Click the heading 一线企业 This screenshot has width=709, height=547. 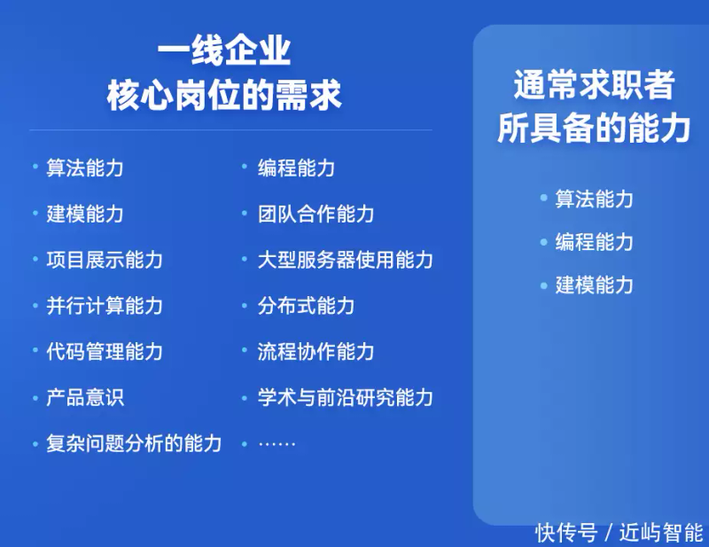point(223,51)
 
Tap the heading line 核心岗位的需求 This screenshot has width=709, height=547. point(223,95)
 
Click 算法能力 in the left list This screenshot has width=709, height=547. point(85,168)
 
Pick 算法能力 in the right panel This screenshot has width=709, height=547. point(594,199)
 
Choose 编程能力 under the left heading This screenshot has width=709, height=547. point(296,168)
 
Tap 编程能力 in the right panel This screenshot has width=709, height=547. point(594,242)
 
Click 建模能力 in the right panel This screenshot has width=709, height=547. point(594,285)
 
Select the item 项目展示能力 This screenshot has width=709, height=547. point(105,260)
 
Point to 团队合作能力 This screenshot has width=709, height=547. point(316,214)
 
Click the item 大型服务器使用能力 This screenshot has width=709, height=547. point(345,260)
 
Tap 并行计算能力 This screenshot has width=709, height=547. point(105,306)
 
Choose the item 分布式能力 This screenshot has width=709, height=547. point(306,306)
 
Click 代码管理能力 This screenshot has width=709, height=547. point(105,352)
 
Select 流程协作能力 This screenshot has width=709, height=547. point(316,352)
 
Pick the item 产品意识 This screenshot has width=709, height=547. point(85,397)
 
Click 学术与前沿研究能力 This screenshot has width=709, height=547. point(345,397)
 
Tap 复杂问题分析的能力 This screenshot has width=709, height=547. point(134,443)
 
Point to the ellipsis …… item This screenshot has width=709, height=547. point(277,443)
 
